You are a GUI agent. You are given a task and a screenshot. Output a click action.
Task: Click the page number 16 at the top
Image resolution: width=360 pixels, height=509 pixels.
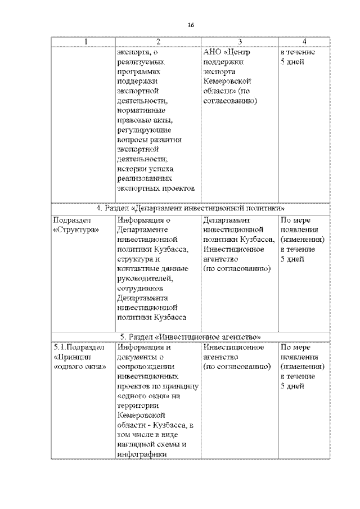pyautogui.click(x=191, y=25)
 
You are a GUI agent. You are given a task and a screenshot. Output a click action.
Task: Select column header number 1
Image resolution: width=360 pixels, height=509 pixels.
pyautogui.click(x=85, y=42)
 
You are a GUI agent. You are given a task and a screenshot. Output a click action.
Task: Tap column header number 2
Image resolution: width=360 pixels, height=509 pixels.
pyautogui.click(x=158, y=42)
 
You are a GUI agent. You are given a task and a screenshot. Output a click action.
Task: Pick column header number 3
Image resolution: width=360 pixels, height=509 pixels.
pyautogui.click(x=240, y=42)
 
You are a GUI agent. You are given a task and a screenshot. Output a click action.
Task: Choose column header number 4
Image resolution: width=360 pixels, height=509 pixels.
pyautogui.click(x=304, y=42)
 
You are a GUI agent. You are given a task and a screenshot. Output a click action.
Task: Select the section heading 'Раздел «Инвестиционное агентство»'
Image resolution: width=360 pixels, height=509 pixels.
pyautogui.click(x=191, y=336)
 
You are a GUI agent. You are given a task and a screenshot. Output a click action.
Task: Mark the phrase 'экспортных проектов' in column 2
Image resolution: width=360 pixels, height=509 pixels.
pyautogui.click(x=156, y=188)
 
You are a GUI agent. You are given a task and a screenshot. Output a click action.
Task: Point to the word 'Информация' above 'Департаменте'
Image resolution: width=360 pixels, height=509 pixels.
pyautogui.click(x=140, y=220)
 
